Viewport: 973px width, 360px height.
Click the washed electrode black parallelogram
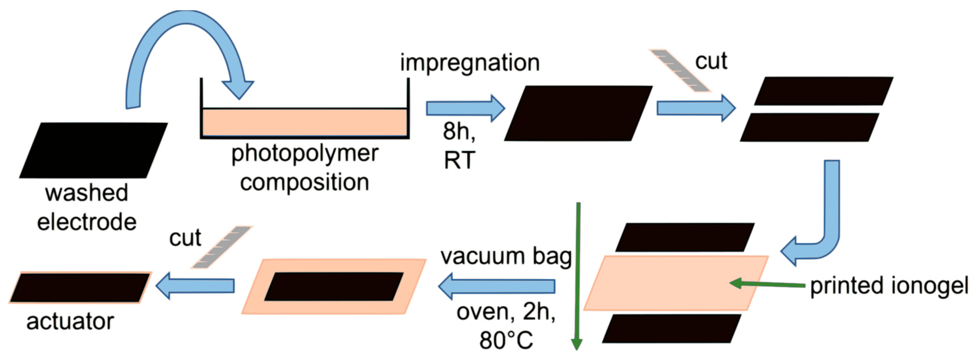tap(93, 150)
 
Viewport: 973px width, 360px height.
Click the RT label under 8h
tap(459, 160)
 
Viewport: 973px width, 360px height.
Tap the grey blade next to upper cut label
tap(680, 71)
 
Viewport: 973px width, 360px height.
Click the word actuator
tap(70, 322)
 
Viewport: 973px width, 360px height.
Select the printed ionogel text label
tap(888, 286)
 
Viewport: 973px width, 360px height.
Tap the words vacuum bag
tap(506, 257)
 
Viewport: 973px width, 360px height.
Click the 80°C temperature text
tap(506, 340)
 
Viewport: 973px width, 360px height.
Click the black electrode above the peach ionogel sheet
tap(684, 237)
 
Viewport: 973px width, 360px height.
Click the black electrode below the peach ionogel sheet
tap(671, 329)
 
